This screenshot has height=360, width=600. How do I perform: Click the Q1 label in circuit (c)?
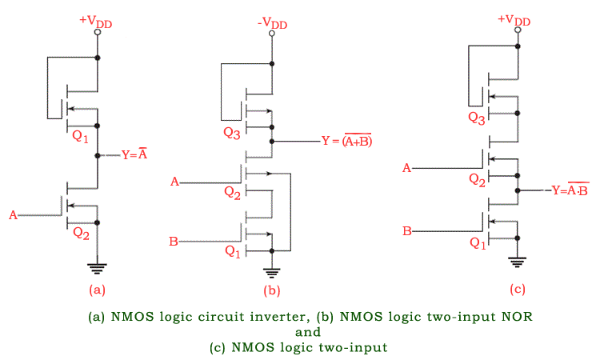tap(478, 244)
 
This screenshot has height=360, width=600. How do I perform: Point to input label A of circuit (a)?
tap(14, 215)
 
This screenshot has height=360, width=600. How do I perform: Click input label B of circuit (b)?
tap(173, 240)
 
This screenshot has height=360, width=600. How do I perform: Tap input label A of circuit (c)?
tap(406, 168)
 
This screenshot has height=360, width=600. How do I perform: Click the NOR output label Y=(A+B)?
tap(346, 141)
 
